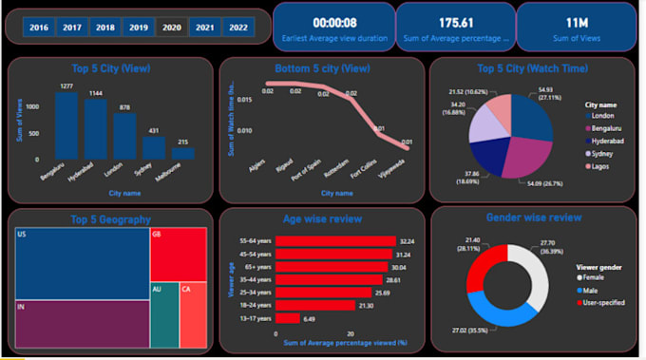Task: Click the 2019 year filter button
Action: click(138, 28)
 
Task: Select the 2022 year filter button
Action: click(237, 28)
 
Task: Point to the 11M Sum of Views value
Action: click(576, 21)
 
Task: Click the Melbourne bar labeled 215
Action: click(183, 153)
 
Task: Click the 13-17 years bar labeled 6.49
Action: click(288, 318)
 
